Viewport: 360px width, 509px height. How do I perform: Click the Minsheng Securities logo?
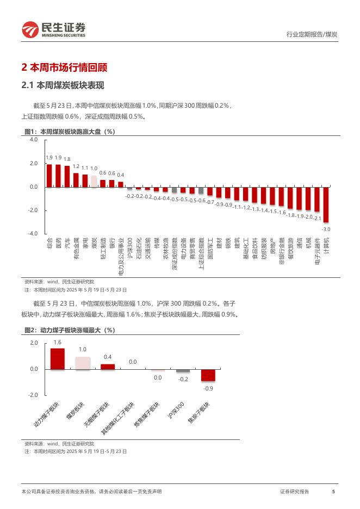pos(53,29)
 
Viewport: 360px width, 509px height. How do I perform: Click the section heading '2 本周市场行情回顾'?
pos(64,68)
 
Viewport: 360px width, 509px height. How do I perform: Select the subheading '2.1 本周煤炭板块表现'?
pos(62,86)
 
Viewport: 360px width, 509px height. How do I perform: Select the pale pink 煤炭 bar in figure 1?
pos(94,182)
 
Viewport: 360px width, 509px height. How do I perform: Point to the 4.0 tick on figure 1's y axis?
pos(34,140)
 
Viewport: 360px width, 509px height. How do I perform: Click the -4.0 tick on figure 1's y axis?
pos(33,234)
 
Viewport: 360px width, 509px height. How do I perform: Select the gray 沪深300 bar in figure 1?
pos(129,189)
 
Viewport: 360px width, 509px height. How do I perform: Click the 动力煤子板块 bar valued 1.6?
pos(57,359)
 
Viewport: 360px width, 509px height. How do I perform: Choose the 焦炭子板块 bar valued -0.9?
pos(208,375)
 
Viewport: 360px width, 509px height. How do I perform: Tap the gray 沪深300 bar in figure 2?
pos(183,371)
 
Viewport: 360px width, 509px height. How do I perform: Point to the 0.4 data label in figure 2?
pos(108,357)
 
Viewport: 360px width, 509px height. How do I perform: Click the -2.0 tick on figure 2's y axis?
pos(34,395)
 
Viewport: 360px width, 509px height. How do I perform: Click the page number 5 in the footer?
pos(333,492)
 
